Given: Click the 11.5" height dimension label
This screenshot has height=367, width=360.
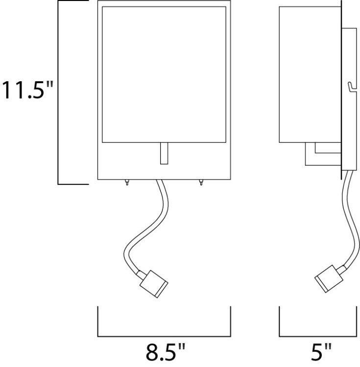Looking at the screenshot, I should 26,91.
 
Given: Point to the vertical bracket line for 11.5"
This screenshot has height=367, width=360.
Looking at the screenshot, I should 59,93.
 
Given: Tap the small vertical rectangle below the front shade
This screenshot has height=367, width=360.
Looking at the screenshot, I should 164,154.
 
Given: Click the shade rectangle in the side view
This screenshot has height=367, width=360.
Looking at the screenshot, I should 307,73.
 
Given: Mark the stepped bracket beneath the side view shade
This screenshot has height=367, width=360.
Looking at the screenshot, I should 318,153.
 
